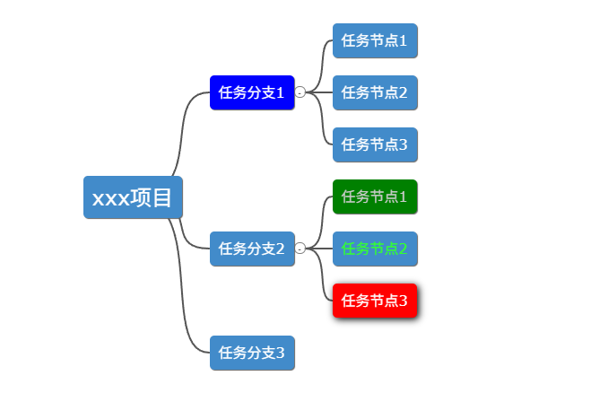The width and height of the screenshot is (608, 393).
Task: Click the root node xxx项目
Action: tap(133, 197)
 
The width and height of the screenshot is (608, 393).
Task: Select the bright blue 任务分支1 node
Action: tap(252, 92)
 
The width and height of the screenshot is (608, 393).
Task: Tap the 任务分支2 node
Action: tap(252, 249)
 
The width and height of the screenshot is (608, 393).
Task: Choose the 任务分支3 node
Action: tap(252, 353)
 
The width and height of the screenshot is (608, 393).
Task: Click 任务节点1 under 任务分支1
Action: tap(375, 40)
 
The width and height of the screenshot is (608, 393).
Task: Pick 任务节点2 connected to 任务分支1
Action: tap(375, 92)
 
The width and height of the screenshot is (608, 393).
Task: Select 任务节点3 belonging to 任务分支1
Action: tap(375, 144)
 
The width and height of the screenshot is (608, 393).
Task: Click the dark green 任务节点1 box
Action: tap(375, 196)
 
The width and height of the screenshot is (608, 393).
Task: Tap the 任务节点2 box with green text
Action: tap(375, 249)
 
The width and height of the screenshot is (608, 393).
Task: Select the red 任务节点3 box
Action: tap(375, 301)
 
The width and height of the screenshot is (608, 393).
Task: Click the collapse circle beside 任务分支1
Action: tap(300, 92)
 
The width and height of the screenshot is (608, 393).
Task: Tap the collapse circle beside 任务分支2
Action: tap(300, 249)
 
